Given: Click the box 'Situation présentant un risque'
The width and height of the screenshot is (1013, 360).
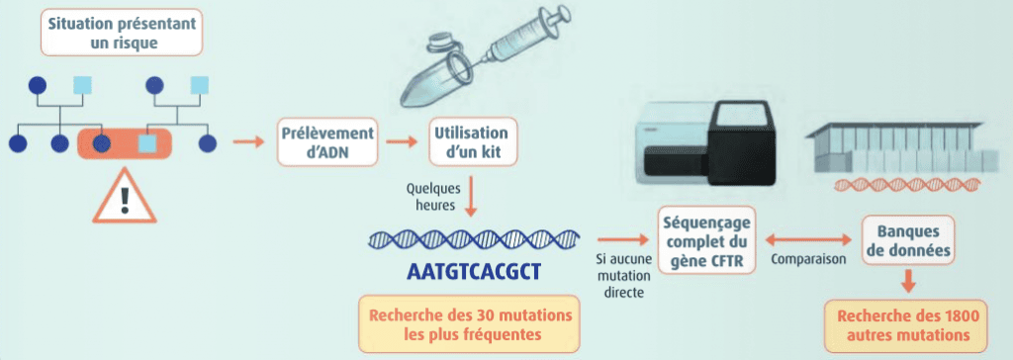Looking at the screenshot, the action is point(122,32).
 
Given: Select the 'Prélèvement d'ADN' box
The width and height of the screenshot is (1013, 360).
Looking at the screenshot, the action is point(326,141).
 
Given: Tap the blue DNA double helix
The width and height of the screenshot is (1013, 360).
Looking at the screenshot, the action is point(474,239).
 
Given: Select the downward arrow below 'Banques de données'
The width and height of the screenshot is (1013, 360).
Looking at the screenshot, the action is point(909,281).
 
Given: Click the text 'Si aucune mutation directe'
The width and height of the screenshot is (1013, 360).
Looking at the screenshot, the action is point(620,275).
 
